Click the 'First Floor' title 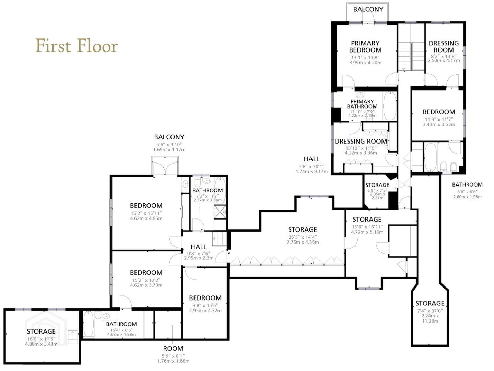77,46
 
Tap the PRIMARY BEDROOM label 365,46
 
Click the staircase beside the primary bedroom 411,56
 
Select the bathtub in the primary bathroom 390,106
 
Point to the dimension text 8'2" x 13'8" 444,56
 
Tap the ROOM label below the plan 173,348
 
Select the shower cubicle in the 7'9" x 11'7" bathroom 220,212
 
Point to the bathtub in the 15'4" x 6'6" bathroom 88,324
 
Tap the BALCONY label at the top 368,9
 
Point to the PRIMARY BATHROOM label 362,104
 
